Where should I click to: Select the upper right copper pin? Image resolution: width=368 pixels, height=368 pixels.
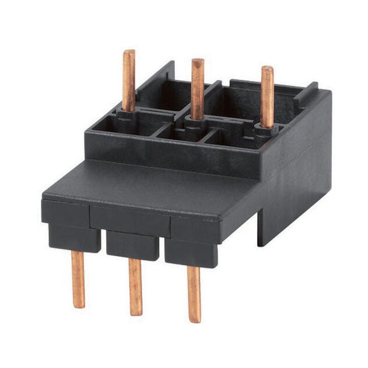click(267, 96)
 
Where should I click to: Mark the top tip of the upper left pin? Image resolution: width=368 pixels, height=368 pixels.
click(129, 52)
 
